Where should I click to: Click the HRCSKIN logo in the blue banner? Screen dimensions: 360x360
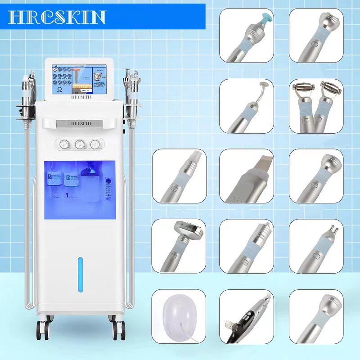pyautogui.click(x=57, y=17)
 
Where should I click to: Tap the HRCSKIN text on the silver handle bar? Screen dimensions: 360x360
pyautogui.click(x=80, y=123)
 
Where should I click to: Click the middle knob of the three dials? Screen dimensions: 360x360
pyautogui.click(x=80, y=144)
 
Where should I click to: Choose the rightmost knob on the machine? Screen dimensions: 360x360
pyautogui.click(x=95, y=144)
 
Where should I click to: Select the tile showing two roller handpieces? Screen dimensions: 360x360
pyautogui.click(x=316, y=106)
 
